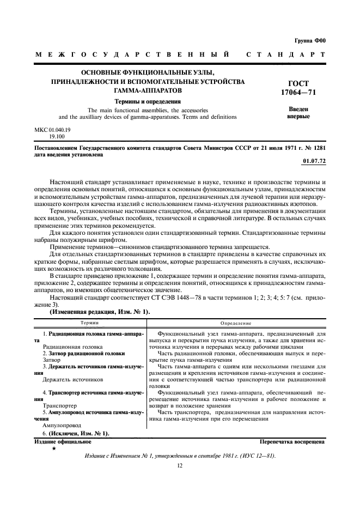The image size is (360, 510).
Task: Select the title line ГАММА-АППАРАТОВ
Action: click(x=148, y=90)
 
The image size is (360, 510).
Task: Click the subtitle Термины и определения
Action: click(x=148, y=101)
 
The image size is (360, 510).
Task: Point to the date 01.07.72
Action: click(x=314, y=162)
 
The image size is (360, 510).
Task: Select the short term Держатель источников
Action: click(x=69, y=379)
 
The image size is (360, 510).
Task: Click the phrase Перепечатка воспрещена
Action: click(x=292, y=441)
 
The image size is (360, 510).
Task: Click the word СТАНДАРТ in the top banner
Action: click(x=286, y=56)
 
